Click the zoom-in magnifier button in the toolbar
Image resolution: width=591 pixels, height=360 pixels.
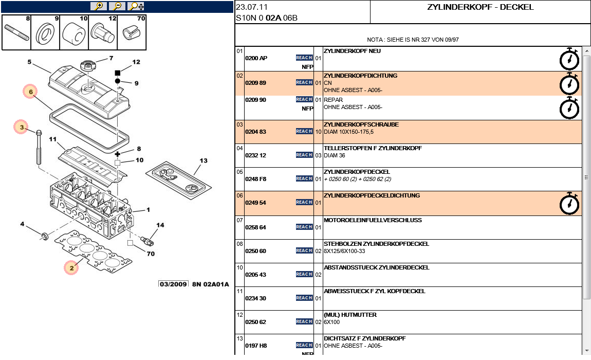click(99, 6)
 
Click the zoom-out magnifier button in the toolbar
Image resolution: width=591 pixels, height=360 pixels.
click(118, 6)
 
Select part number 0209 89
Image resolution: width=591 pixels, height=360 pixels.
click(255, 83)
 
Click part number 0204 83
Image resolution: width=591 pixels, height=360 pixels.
click(255, 132)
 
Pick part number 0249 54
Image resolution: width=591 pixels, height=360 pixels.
click(255, 203)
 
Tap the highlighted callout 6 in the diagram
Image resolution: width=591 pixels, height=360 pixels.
click(31, 92)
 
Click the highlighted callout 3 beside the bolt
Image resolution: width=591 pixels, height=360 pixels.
click(22, 127)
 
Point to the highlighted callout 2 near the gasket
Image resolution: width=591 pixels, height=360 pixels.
click(72, 267)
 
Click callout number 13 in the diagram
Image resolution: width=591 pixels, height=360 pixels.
click(204, 161)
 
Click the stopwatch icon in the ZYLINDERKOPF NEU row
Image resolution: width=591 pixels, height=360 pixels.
click(569, 59)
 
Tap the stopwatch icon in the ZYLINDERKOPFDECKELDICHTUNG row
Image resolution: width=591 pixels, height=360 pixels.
click(569, 203)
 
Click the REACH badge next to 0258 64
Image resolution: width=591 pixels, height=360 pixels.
click(304, 227)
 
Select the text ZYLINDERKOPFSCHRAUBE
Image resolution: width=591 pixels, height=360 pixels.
click(361, 124)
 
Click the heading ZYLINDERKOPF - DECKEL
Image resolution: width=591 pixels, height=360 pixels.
click(480, 7)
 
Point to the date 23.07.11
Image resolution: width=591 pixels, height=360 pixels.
click(252, 7)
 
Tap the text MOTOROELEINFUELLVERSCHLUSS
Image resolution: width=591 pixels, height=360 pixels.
click(373, 220)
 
